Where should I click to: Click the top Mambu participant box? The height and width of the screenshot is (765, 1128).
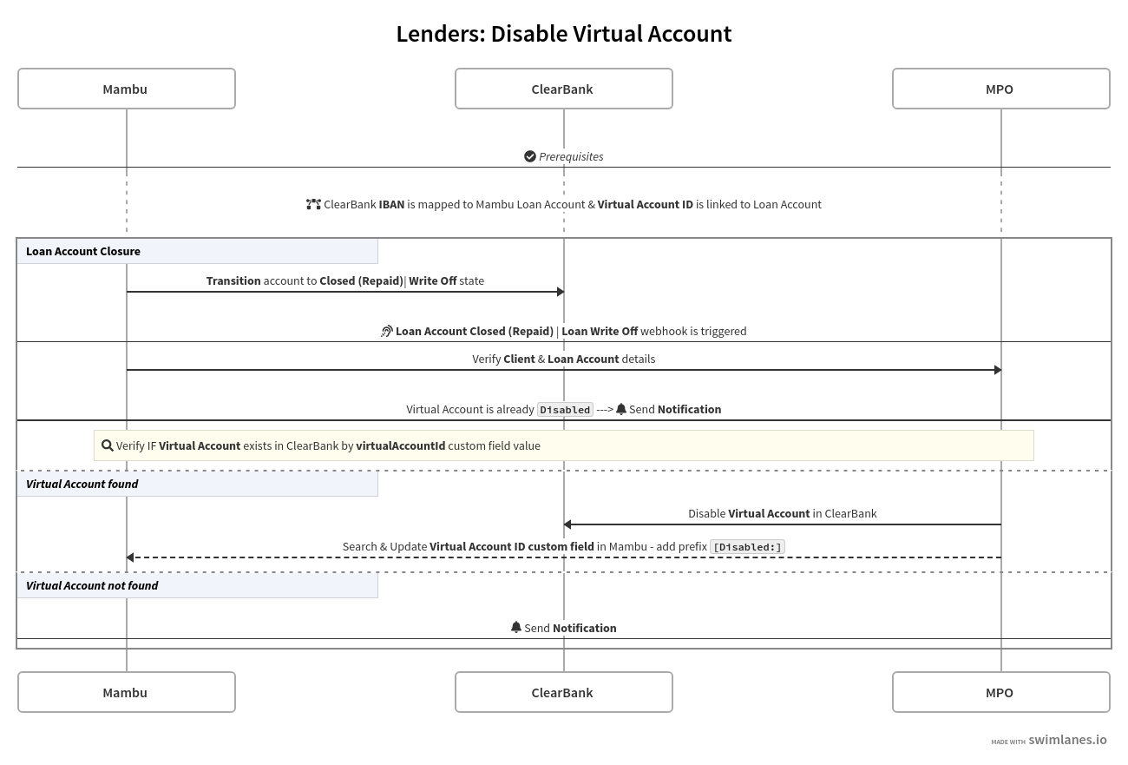(126, 89)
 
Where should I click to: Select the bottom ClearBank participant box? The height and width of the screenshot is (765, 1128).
(563, 692)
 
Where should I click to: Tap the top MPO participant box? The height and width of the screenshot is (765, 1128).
(1000, 89)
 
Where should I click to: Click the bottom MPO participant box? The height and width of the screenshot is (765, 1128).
(1000, 692)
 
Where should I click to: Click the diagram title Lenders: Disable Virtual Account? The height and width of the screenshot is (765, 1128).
(564, 34)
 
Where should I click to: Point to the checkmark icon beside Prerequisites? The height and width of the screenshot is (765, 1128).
(530, 156)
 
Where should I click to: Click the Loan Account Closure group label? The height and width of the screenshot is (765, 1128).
(83, 251)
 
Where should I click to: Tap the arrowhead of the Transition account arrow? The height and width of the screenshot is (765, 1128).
(561, 292)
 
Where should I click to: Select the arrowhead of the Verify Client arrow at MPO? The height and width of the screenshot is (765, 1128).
(998, 370)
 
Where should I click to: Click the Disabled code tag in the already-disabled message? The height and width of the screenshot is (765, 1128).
(565, 410)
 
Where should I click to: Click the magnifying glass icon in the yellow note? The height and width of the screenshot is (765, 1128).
(108, 445)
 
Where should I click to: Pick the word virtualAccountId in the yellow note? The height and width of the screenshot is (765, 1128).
(400, 445)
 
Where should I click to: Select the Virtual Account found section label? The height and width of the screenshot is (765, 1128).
(82, 484)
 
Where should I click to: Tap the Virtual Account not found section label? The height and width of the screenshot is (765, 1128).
(92, 585)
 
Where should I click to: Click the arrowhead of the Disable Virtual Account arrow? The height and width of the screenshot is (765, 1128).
(567, 524)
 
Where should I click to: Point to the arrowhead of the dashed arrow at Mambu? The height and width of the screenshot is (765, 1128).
(130, 557)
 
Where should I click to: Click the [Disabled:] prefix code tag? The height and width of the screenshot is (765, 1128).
(747, 547)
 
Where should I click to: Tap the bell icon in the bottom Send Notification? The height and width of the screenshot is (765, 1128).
(516, 627)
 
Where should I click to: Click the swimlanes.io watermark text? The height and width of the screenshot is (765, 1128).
(1067, 740)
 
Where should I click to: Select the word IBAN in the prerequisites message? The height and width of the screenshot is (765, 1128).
(391, 204)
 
